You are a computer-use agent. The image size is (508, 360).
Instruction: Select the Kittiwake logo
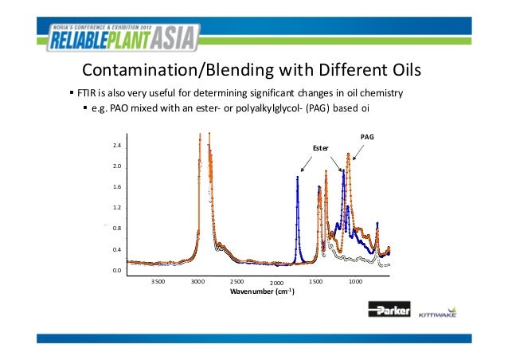437,313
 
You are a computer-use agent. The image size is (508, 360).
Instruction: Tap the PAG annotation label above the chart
367,137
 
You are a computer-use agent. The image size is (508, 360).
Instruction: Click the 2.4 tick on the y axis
117,147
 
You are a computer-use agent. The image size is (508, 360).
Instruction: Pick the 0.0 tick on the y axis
117,271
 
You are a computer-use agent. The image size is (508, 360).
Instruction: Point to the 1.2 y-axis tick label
117,208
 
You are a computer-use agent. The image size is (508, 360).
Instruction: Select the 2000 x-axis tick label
276,284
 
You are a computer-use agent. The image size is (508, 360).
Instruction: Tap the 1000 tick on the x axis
355,282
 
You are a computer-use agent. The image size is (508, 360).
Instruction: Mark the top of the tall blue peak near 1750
298,177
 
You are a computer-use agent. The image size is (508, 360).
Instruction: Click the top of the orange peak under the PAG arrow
348,154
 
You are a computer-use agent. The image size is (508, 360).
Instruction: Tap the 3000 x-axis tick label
198,282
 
